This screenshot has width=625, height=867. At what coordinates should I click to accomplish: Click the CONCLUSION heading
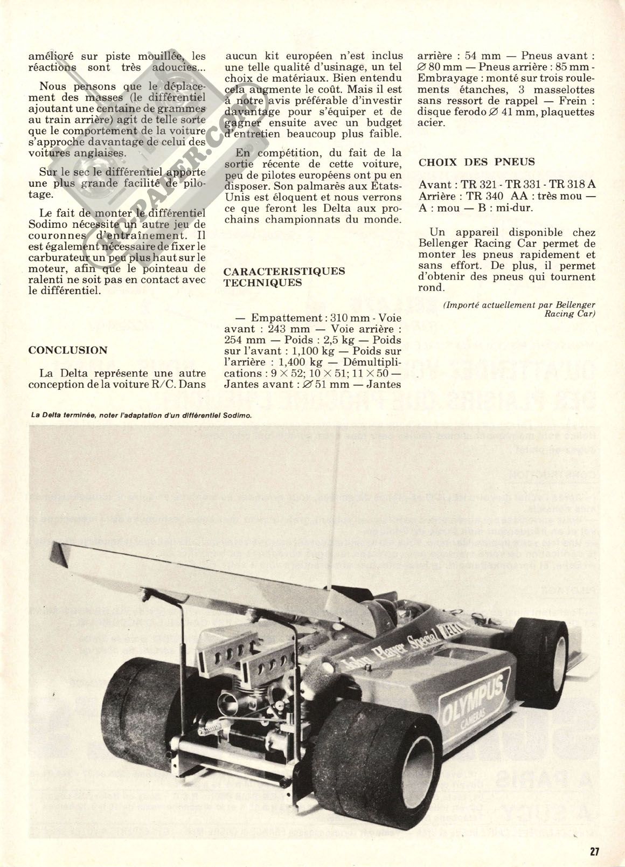(68, 350)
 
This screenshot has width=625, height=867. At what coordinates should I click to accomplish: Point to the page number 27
(594, 851)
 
